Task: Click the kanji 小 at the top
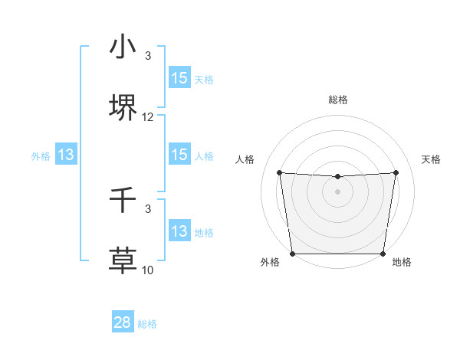(x=123, y=47)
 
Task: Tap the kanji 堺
(x=123, y=109)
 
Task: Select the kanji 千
(x=123, y=201)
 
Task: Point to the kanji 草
(x=123, y=260)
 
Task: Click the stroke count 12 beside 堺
(x=148, y=117)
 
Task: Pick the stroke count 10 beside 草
(x=148, y=270)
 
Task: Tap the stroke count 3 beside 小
(x=148, y=56)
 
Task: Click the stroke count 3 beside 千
(x=148, y=208)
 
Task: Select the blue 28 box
(x=123, y=322)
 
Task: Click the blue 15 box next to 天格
(x=179, y=78)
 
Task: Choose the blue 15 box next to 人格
(x=179, y=155)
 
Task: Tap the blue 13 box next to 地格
(x=179, y=231)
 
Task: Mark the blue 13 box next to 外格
(x=66, y=155)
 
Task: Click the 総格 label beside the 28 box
(x=147, y=324)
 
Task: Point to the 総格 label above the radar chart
(x=338, y=100)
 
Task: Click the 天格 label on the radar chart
(x=432, y=159)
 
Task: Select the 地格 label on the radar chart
(x=402, y=263)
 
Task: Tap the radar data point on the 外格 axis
(x=292, y=254)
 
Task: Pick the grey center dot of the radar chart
(x=337, y=191)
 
